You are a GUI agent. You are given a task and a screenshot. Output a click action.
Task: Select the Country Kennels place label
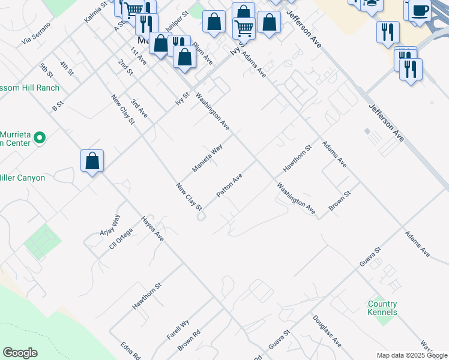(x=382, y=308)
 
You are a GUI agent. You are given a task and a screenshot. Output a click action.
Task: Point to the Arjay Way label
(x=110, y=225)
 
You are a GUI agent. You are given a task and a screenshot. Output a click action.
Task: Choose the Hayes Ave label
(x=152, y=229)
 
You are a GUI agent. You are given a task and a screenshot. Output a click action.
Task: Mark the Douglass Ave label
(x=327, y=331)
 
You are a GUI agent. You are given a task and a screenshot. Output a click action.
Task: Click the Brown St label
(x=339, y=200)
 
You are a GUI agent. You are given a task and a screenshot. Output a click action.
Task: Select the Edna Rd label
(x=130, y=350)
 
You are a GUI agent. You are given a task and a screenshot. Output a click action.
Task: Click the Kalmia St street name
(x=95, y=11)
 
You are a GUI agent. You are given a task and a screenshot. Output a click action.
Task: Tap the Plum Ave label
(x=202, y=53)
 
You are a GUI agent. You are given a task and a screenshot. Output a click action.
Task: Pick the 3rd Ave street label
(x=139, y=107)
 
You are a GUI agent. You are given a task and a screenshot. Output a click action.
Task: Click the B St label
(x=58, y=106)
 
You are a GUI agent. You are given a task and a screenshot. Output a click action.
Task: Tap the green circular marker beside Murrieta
(x=40, y=139)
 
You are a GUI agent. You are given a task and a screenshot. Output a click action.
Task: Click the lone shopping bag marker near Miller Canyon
(x=92, y=161)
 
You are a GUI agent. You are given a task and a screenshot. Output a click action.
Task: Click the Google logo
(x=20, y=353)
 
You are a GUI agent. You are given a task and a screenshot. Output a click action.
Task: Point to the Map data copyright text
(x=412, y=355)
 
